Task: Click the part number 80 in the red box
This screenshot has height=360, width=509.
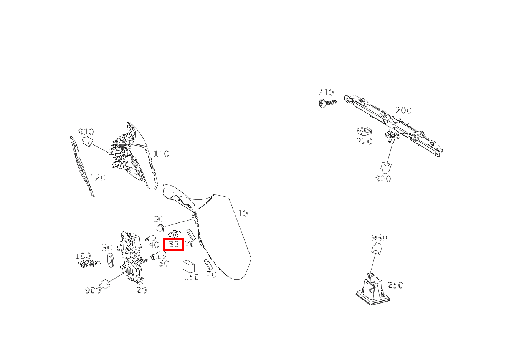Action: (174, 244)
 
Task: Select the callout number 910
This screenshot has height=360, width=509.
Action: (86, 132)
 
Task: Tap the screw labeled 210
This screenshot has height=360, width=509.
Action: (328, 103)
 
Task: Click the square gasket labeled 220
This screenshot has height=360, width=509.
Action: (364, 131)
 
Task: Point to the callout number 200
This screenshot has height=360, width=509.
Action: (403, 110)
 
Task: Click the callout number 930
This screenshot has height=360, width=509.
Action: (380, 238)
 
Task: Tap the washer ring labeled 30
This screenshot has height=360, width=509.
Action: (111, 259)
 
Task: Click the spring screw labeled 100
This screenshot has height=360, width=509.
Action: (89, 264)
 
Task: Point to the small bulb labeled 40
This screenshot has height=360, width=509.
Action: (150, 238)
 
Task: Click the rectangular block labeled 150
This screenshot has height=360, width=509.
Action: (188, 267)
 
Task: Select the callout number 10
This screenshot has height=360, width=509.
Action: (243, 213)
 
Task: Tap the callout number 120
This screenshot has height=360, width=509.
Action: (98, 178)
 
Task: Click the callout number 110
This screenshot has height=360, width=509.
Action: (161, 154)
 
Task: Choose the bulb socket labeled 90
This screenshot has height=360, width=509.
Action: (160, 228)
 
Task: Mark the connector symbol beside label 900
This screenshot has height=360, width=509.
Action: (105, 284)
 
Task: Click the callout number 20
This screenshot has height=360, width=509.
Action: (142, 290)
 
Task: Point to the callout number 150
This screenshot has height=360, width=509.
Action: (192, 277)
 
